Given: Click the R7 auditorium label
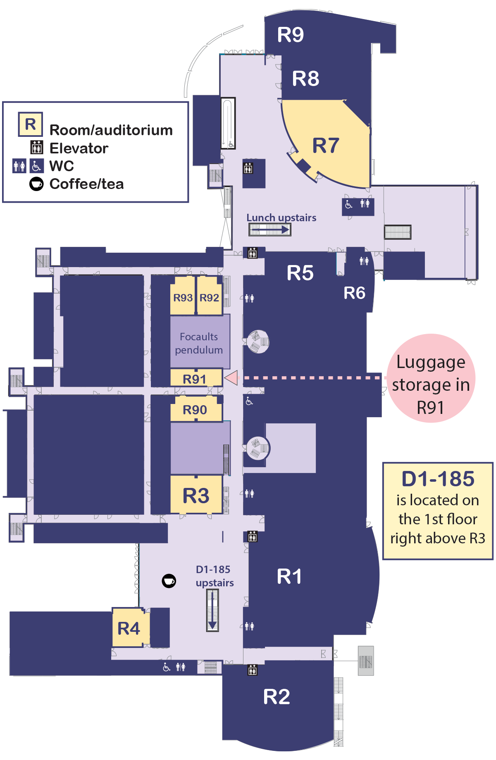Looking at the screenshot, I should pos(326,146).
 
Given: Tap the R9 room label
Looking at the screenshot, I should pos(290,35).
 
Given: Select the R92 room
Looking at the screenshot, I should pos(209,298).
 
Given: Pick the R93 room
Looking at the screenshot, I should pos(183,298).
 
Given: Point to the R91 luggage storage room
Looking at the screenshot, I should pos(195,379).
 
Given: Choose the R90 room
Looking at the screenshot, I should pos(195,410).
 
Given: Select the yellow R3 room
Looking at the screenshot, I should pos(196,495).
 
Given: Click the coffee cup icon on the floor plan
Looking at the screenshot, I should pos(169,581).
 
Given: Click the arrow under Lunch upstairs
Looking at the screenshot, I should pos(270,229).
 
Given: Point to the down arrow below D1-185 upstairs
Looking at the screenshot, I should pos(212,610).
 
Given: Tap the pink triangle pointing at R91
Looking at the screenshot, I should pos(231,378).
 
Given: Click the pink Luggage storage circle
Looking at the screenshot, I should pos(431,378).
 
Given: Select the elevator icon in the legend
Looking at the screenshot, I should pos(36,148).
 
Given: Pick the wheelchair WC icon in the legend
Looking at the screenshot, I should pos(36,166).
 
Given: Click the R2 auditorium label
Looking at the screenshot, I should pos(277,697).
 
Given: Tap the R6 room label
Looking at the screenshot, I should pos(354,293).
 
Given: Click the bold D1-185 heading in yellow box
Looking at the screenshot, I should pos(438,479).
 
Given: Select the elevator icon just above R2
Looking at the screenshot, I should pos(252,669).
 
